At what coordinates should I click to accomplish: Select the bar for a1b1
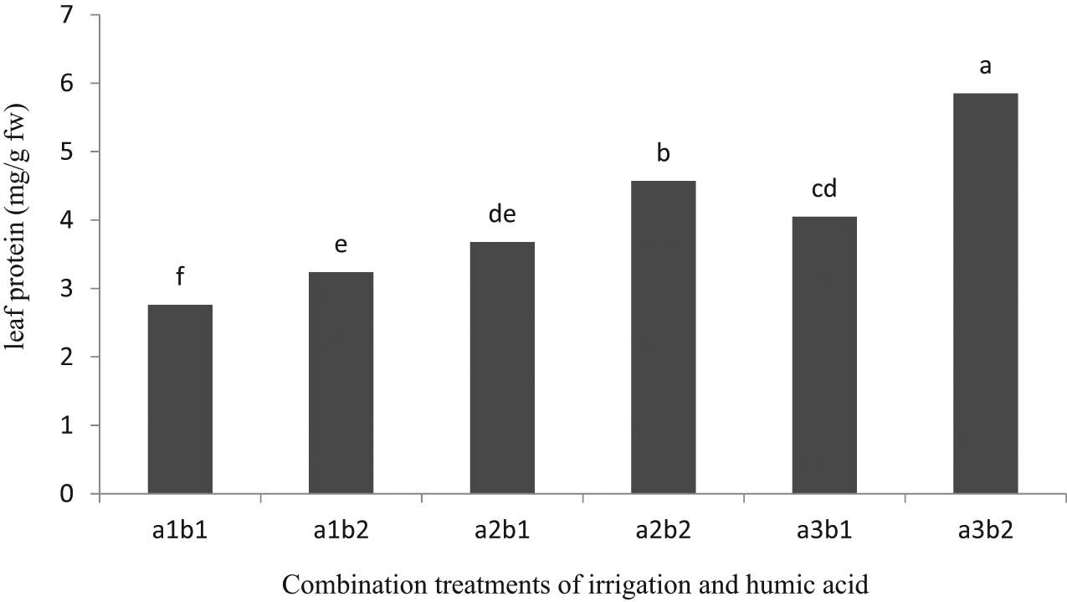coord(180,399)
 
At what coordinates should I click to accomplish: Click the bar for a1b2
coord(341,383)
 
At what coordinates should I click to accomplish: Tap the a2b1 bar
coord(502,368)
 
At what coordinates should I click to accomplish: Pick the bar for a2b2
coord(663,337)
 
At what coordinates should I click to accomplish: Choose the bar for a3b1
coord(824,355)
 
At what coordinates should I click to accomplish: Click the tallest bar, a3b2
coord(985,293)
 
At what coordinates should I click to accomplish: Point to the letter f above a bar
coord(179,277)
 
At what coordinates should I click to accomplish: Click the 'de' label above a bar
coord(501,214)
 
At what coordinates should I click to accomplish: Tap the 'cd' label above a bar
coord(824,189)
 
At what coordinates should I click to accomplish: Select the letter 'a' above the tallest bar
coord(985,66)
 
